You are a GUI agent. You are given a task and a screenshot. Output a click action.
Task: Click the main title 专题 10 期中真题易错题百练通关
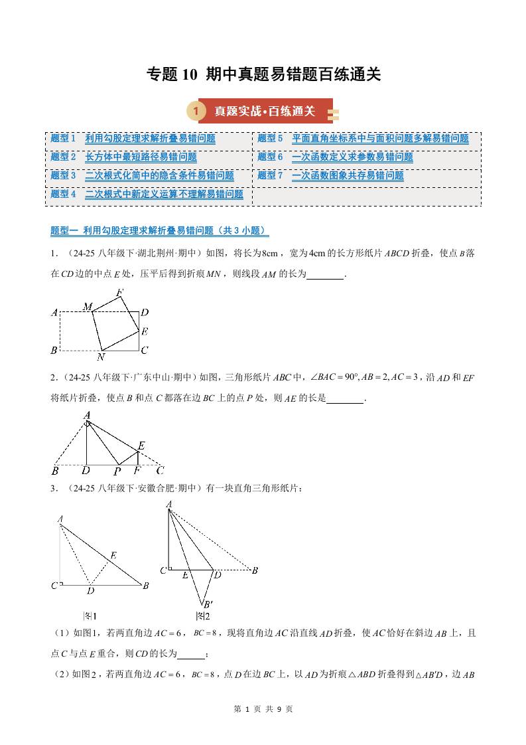263,74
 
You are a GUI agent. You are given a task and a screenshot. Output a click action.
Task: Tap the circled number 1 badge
196,111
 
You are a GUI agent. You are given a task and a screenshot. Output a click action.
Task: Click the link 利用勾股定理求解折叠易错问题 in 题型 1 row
150,138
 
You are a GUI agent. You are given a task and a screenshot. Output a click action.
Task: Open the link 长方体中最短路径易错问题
141,157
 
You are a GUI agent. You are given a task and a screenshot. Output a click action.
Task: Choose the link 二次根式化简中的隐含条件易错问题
159,175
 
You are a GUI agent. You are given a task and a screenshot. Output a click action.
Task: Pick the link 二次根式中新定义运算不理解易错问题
164,194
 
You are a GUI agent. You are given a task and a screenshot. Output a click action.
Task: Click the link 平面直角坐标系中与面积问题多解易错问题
380,138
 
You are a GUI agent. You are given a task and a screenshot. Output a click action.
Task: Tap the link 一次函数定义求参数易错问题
352,157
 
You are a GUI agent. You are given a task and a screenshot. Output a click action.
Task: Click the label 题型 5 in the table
270,138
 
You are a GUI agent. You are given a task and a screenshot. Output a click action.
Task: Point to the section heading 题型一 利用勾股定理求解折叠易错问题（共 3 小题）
160,230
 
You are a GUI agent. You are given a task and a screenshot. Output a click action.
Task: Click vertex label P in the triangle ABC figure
117,471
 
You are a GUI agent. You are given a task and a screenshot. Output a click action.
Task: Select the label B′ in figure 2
208,604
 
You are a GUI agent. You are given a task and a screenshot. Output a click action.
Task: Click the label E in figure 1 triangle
113,556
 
